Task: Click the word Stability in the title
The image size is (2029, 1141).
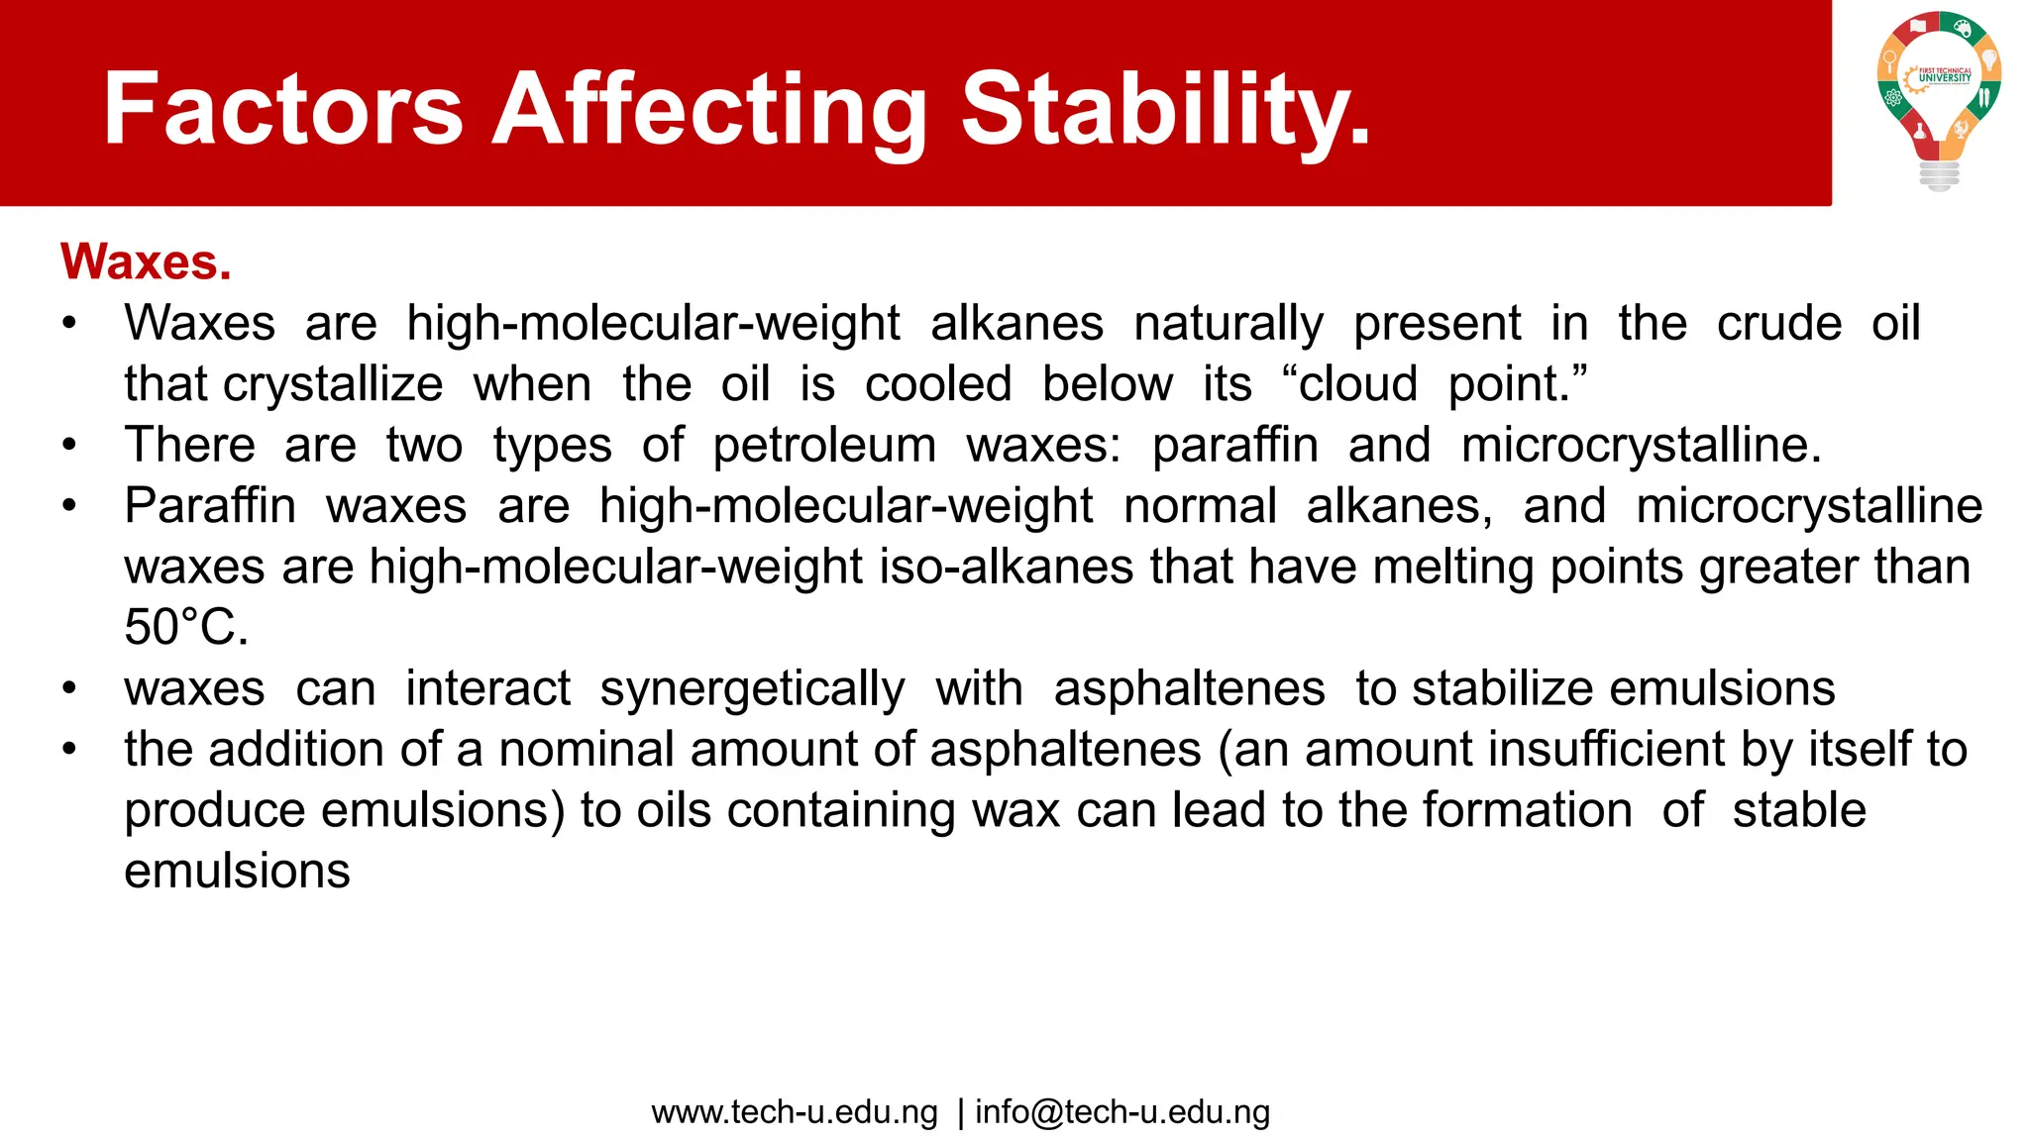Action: pos(1166,109)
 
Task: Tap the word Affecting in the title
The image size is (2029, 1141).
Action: pos(710,109)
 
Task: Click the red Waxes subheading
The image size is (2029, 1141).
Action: pos(146,262)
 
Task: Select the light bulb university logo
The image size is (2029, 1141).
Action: pos(1939,99)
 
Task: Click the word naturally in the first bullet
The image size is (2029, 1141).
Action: pos(1228,324)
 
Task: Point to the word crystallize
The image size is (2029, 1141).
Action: pos(333,384)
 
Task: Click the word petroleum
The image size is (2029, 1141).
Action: pos(824,445)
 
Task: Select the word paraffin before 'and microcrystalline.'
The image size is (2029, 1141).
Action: pos(1234,445)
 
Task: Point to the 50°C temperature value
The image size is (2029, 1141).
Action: pos(186,628)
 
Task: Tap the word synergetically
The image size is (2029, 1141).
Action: pos(752,689)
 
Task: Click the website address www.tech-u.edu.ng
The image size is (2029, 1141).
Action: pos(795,1112)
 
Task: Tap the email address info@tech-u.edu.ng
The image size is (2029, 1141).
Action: pos(1122,1112)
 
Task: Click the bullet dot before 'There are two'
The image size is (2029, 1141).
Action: pos(68,445)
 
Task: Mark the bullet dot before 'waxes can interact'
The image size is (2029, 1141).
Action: pos(68,688)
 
